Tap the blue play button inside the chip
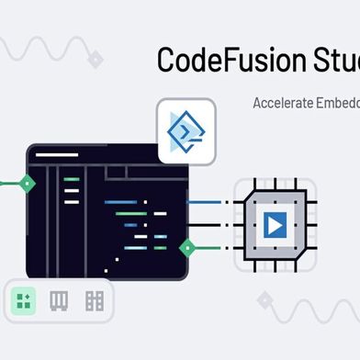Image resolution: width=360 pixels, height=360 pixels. (x=274, y=223)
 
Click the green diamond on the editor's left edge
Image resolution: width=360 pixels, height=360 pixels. (x=28, y=183)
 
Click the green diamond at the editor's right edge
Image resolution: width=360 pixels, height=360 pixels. (x=187, y=247)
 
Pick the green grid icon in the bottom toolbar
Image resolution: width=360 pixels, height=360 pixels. (x=24, y=300)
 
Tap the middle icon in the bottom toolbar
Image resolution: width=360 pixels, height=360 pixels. (x=59, y=300)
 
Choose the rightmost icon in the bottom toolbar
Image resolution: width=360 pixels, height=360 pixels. (x=94, y=300)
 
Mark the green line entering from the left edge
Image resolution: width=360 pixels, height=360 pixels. (x=9, y=183)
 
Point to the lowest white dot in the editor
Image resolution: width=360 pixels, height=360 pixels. (x=107, y=271)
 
